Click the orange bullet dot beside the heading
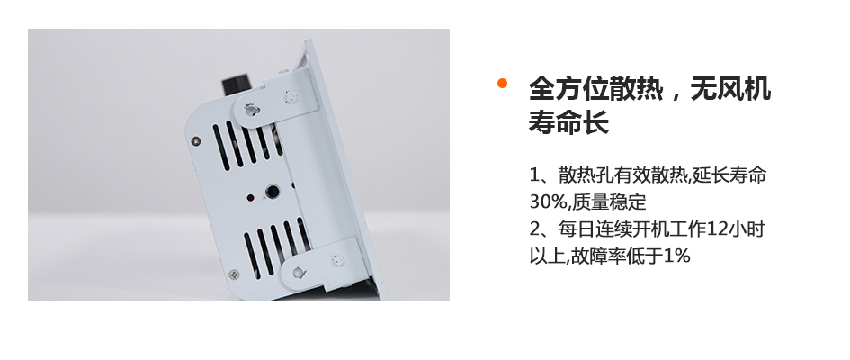502,83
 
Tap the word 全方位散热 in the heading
595,88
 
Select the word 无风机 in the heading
730,88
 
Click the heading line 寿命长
568,122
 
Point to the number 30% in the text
548,202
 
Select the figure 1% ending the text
676,256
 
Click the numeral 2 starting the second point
534,229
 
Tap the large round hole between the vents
272,192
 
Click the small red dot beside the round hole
250,198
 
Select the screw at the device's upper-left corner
196,141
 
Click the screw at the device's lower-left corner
234,274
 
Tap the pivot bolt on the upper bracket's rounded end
250,110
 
